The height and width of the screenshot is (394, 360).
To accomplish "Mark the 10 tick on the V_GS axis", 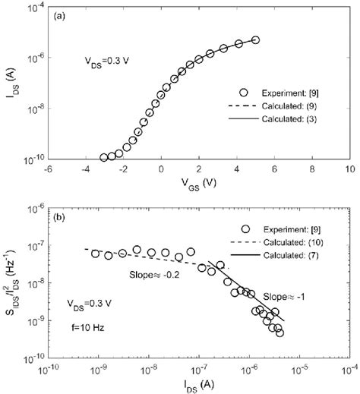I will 349,170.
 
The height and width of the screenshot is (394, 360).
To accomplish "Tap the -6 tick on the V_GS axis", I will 47,170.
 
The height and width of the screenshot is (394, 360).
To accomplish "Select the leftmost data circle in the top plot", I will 103,157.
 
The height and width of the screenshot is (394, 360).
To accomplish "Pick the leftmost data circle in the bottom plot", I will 96,254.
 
